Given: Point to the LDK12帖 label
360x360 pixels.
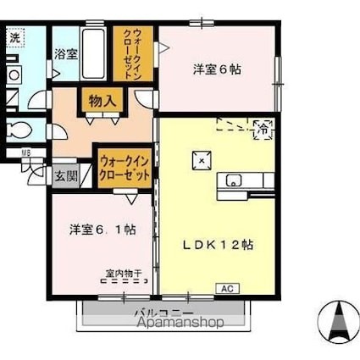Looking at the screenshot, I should [x=221, y=243].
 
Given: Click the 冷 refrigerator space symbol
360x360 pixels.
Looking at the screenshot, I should [x=263, y=130].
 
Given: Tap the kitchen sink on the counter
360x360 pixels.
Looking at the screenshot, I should [x=234, y=180].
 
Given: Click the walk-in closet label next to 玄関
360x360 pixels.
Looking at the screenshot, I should [x=125, y=166].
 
